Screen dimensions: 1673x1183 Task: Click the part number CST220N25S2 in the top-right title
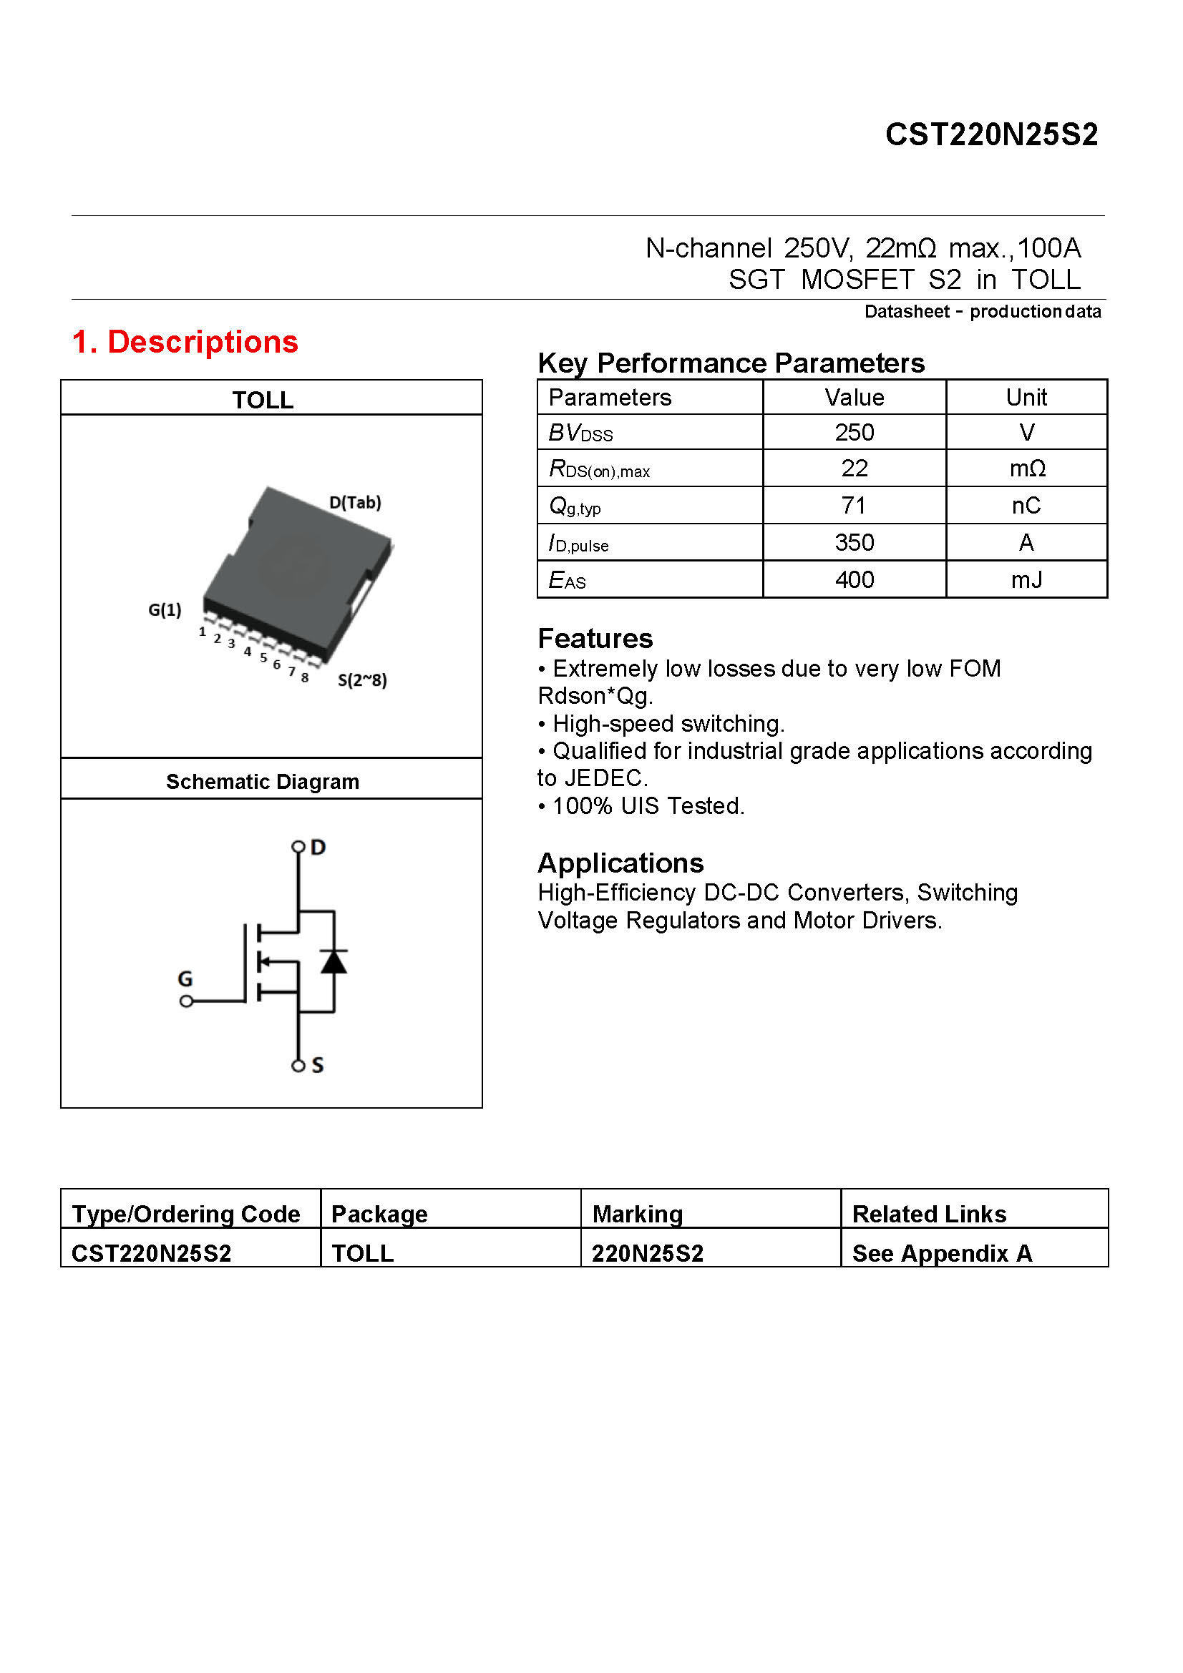[x=990, y=134]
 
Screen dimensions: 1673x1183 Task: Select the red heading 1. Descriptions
[x=185, y=342]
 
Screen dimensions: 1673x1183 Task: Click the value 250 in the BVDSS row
[x=854, y=433]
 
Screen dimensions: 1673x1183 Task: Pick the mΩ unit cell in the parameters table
[x=1026, y=468]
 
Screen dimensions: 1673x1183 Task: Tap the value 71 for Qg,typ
[x=854, y=506]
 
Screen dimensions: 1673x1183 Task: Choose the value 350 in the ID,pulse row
[x=854, y=543]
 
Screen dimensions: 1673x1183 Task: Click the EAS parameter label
[x=566, y=581]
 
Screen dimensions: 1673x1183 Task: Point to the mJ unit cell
[x=1026, y=580]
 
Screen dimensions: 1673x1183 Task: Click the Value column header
[x=854, y=398]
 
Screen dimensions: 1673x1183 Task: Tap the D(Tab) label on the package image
[x=355, y=503]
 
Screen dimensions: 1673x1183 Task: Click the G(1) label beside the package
[x=165, y=610]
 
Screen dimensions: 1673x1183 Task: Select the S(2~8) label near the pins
[x=362, y=680]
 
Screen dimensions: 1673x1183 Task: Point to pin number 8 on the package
[x=305, y=677]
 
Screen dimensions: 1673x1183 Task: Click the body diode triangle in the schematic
[x=334, y=963]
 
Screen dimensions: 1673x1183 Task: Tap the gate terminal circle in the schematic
[x=187, y=1001]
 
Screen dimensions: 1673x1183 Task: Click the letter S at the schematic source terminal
[x=318, y=1065]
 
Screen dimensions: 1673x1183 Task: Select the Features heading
[x=595, y=639]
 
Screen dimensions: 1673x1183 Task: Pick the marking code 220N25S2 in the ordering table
[x=647, y=1253]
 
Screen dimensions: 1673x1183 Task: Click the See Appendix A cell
[x=942, y=1253]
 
